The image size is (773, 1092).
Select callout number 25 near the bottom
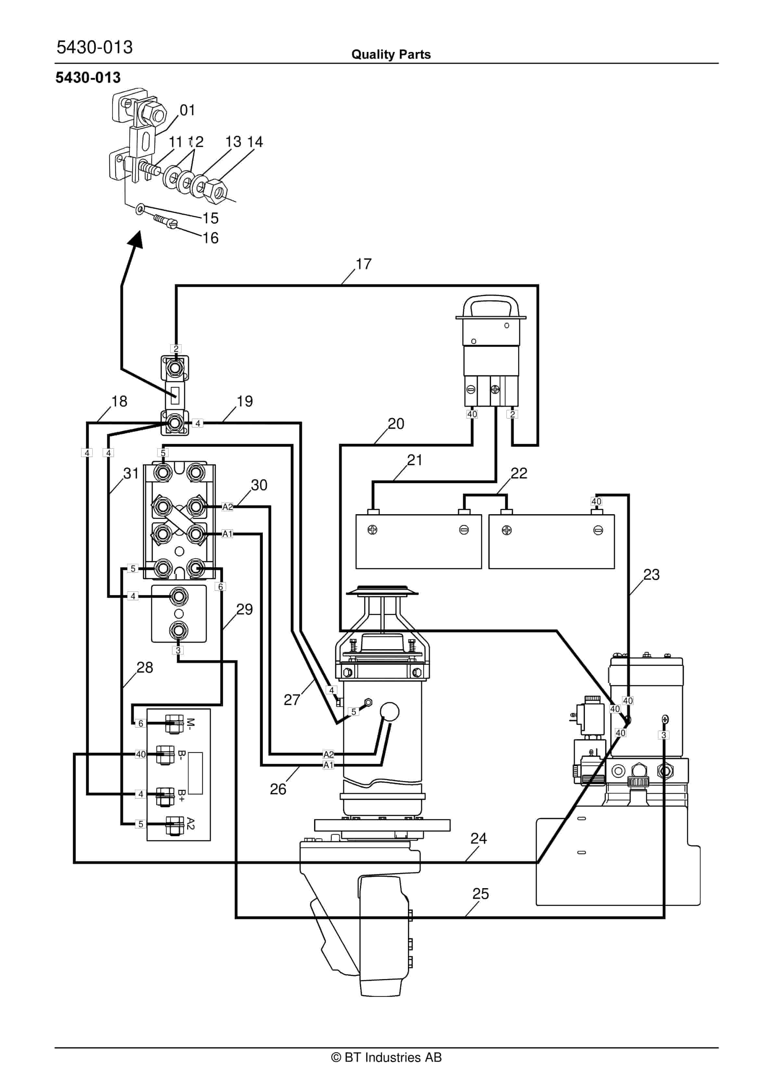coord(480,894)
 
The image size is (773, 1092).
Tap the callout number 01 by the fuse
coord(187,110)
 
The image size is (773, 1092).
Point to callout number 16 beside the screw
coord(210,238)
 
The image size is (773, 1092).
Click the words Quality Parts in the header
coord(391,54)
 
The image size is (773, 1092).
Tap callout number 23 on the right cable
coord(651,575)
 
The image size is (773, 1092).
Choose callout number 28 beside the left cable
coord(145,668)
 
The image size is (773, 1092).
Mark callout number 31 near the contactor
coord(131,473)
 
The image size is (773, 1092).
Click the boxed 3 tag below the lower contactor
coord(178,650)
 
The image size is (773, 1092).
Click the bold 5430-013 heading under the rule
coord(88,78)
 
